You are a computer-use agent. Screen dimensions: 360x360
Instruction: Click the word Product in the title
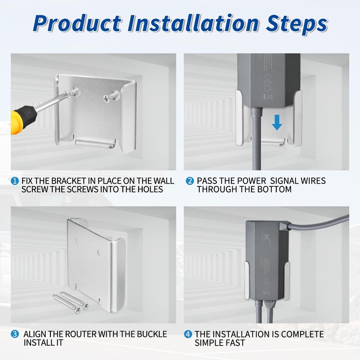(x=77, y=23)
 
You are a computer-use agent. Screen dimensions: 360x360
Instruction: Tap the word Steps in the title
(x=297, y=24)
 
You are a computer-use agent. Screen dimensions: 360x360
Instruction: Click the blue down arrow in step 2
(x=277, y=122)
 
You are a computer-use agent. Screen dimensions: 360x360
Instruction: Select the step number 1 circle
(x=15, y=181)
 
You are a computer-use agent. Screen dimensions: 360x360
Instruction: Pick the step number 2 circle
(x=190, y=181)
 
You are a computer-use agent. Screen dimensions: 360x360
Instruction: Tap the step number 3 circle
(x=15, y=334)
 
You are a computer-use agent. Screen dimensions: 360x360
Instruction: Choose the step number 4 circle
(x=188, y=334)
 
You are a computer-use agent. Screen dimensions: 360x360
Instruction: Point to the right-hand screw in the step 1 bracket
(x=112, y=96)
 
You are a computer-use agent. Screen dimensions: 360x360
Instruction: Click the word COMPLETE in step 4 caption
(x=302, y=334)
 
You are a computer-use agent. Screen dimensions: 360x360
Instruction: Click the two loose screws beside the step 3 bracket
(x=71, y=302)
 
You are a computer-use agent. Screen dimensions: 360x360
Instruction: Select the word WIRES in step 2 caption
(x=313, y=181)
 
